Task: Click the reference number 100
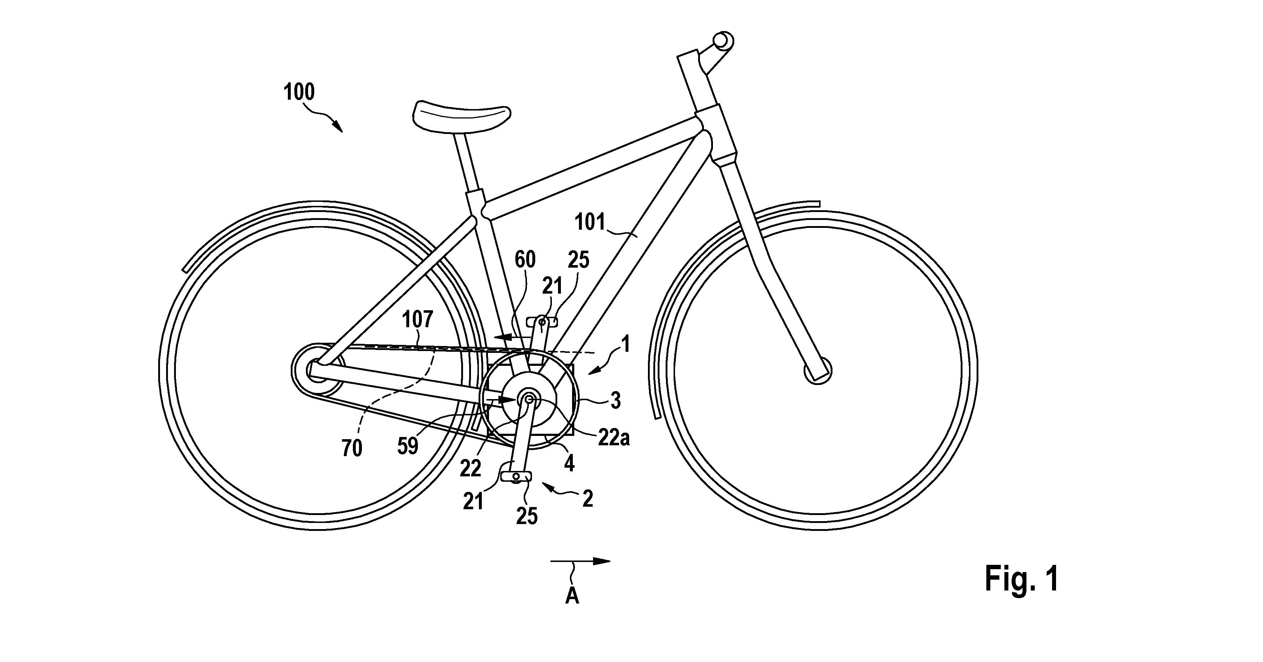coord(299,92)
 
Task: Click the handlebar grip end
coord(722,40)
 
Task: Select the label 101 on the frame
coord(590,222)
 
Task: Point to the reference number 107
coord(417,320)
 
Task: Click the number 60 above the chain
coord(525,259)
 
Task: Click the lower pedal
coord(516,476)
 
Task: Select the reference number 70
coord(351,448)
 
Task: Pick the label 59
coord(407,446)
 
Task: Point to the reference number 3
coord(616,401)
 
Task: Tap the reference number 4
coord(569,463)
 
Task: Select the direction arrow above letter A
coord(580,562)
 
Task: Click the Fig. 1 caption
coord(1022,579)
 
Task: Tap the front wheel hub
coord(817,370)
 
